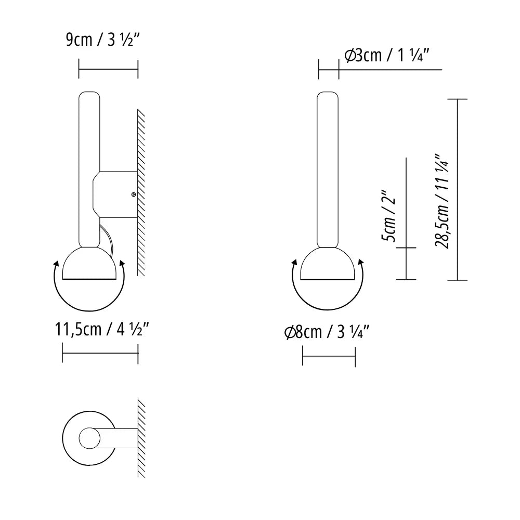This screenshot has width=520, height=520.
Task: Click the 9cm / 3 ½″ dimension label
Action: pos(102,40)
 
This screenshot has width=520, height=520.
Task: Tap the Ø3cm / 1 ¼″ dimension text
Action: pos(387,55)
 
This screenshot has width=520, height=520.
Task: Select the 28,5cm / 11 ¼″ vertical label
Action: pos(443,201)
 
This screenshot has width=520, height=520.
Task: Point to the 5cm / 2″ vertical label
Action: pos(388,216)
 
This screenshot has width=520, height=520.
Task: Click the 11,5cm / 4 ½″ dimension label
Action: pos(102,329)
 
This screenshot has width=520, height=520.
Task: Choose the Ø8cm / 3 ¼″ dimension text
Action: pos(327,332)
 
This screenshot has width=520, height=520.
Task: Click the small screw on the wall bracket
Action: pos(133,194)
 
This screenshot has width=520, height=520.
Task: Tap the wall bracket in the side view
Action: pos(115,194)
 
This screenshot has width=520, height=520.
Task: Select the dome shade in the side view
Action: pos(89,264)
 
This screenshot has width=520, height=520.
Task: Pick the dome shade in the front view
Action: pos(328,264)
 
